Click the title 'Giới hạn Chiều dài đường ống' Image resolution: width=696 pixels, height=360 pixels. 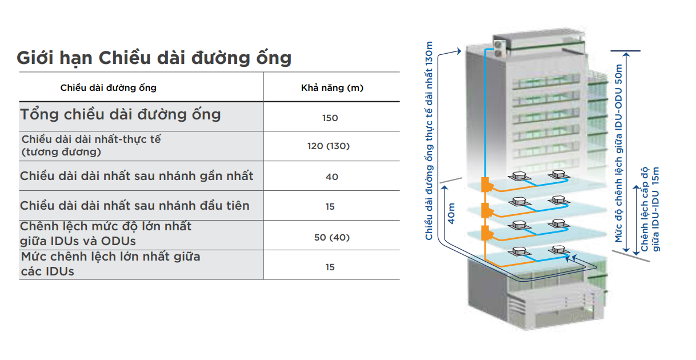(x=154, y=58)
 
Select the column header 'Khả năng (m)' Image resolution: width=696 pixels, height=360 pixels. (x=332, y=88)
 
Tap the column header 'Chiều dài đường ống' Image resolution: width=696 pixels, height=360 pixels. (x=108, y=88)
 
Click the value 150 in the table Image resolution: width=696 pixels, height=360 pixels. (x=330, y=118)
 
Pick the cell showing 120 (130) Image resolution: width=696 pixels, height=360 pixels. (x=329, y=146)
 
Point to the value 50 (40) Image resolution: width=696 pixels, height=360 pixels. (x=332, y=238)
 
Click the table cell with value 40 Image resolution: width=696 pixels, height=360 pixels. (x=332, y=177)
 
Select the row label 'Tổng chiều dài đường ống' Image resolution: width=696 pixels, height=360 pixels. (x=121, y=115)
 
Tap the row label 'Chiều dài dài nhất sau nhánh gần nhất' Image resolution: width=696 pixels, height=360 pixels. (x=137, y=176)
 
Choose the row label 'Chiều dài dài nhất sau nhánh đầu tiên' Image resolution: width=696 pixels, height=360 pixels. (x=135, y=206)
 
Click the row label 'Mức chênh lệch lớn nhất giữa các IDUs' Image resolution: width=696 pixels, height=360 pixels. (x=111, y=264)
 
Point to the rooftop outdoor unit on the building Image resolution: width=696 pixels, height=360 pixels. (x=499, y=49)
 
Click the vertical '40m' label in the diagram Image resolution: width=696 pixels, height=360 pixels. (x=451, y=214)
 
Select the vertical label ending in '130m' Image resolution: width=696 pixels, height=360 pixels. (x=429, y=141)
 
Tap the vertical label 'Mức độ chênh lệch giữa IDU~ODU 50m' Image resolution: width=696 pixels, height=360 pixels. (x=619, y=153)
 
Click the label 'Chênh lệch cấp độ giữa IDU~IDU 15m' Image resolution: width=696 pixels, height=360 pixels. (x=650, y=209)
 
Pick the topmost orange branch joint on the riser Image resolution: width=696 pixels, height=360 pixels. (x=487, y=185)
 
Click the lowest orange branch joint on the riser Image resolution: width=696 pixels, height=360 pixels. (x=487, y=233)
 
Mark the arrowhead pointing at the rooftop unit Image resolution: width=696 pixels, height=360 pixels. (x=459, y=51)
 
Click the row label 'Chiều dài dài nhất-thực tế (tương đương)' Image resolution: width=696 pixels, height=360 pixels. (x=91, y=146)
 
